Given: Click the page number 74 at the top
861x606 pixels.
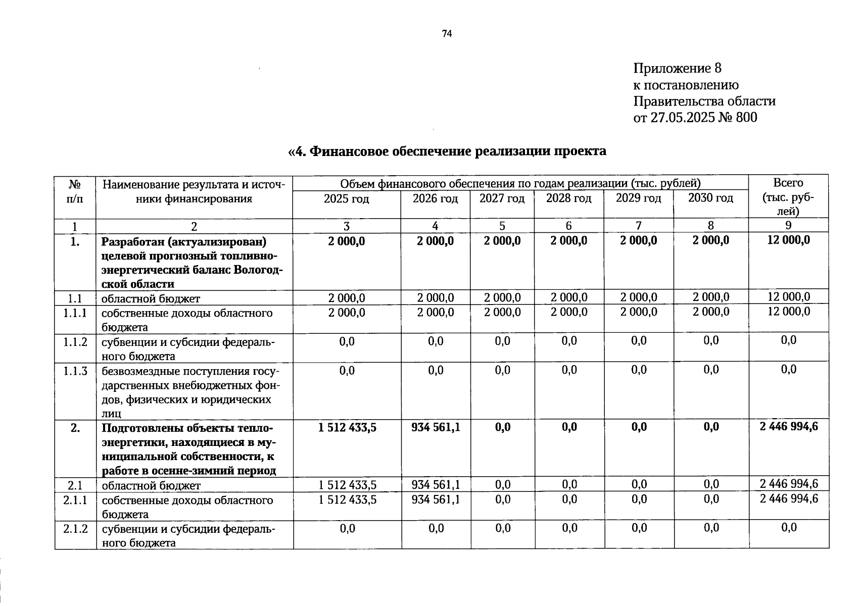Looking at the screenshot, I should [446, 34].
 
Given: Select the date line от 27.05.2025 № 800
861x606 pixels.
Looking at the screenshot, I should [695, 118].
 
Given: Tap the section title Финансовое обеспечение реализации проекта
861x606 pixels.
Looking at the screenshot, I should [447, 151].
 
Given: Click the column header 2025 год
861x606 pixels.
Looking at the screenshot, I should [346, 199].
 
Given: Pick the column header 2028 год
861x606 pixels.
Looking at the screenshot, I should [568, 198].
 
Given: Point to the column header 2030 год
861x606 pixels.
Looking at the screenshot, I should [710, 198].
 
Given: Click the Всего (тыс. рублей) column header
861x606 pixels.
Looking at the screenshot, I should [788, 196].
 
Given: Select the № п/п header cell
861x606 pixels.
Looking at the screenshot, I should [75, 190].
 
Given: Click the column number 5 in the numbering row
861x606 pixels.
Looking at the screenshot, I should [502, 226].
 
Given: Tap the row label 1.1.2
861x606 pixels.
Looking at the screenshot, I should [75, 342].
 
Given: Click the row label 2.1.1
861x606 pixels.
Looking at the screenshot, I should [75, 500].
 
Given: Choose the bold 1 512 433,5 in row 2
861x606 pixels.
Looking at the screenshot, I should [347, 428].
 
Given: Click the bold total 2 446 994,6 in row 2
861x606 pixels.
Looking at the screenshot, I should [788, 427].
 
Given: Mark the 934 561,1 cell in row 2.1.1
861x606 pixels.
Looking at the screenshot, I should [436, 499].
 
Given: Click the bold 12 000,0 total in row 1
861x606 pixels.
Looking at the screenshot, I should [788, 240].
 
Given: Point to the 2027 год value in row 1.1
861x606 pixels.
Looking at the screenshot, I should [502, 298].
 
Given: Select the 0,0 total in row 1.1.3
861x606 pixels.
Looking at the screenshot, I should [788, 370].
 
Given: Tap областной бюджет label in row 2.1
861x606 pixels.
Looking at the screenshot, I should [151, 486].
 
